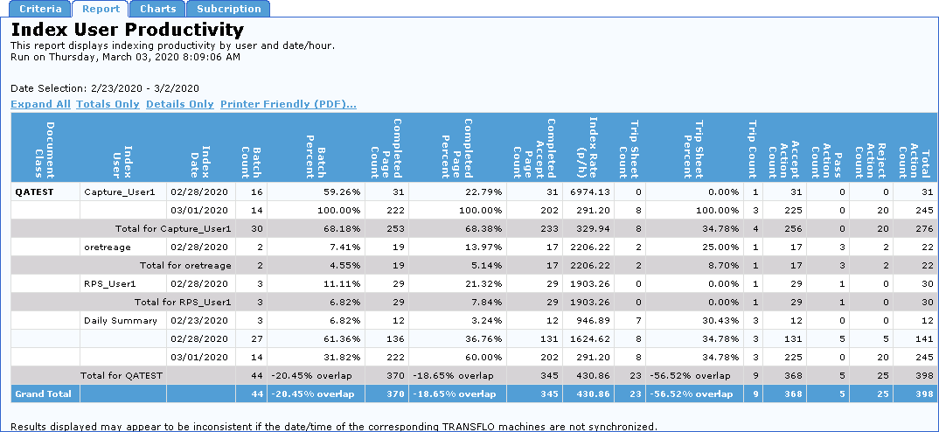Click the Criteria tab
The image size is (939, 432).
coord(40,9)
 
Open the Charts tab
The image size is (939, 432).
coord(157,9)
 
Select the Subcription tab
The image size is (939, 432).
coord(228,9)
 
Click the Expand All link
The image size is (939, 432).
coord(40,104)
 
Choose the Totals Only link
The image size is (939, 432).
coord(108,104)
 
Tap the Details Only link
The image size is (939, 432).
coord(179,104)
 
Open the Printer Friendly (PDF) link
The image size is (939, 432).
coord(288,104)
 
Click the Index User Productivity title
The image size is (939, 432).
coord(127,30)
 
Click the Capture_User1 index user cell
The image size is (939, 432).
coord(119,191)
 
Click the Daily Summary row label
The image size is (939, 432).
coord(114,320)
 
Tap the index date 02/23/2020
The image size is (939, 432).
coord(199,320)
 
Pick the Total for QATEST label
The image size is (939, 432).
coord(121,375)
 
